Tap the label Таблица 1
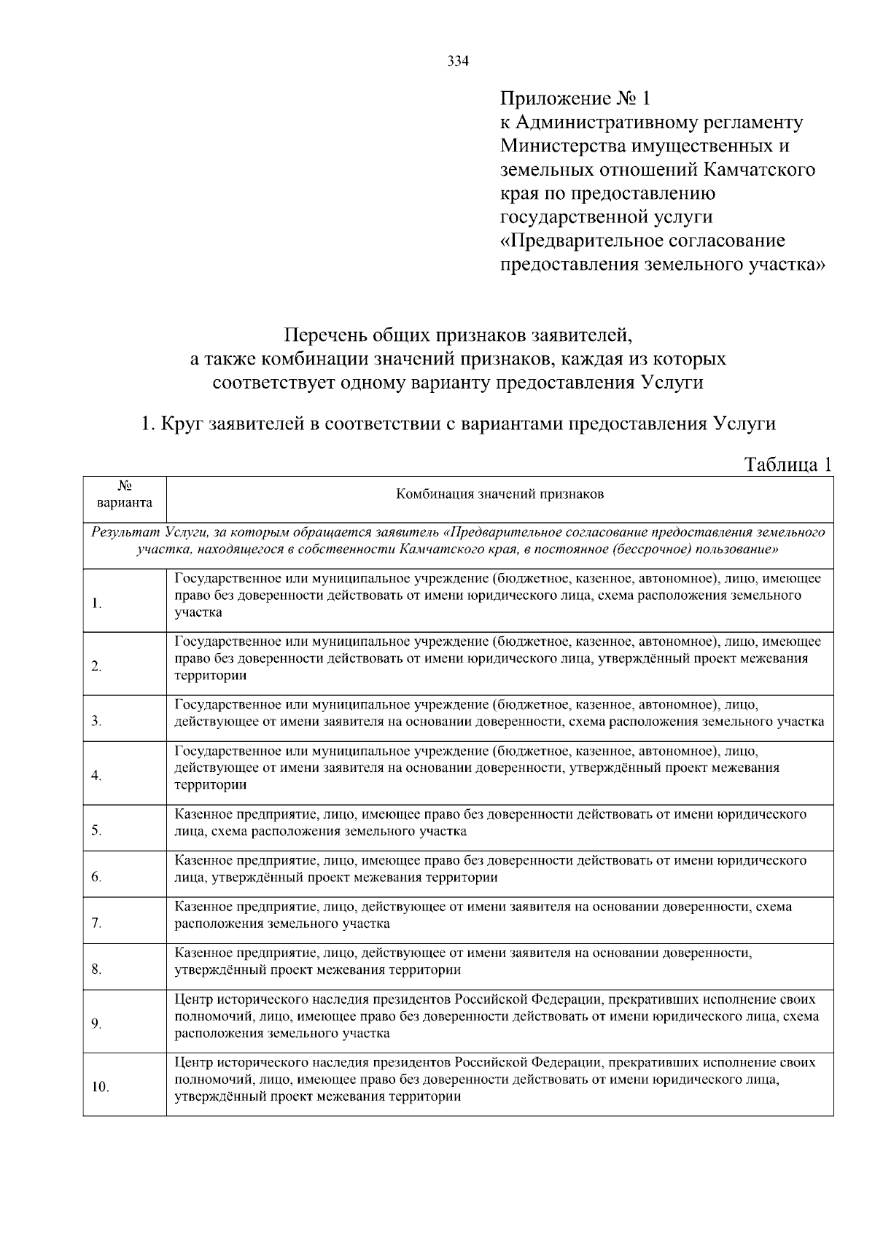click(787, 464)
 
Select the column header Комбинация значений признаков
click(499, 495)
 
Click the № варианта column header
click(124, 495)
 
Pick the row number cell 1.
click(96, 604)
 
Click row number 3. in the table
click(96, 722)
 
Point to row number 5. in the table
click(96, 830)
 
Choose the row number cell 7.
click(96, 924)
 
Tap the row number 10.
click(100, 1088)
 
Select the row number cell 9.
click(96, 1024)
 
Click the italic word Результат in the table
click(125, 533)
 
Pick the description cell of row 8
click(499, 961)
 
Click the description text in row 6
click(490, 869)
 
